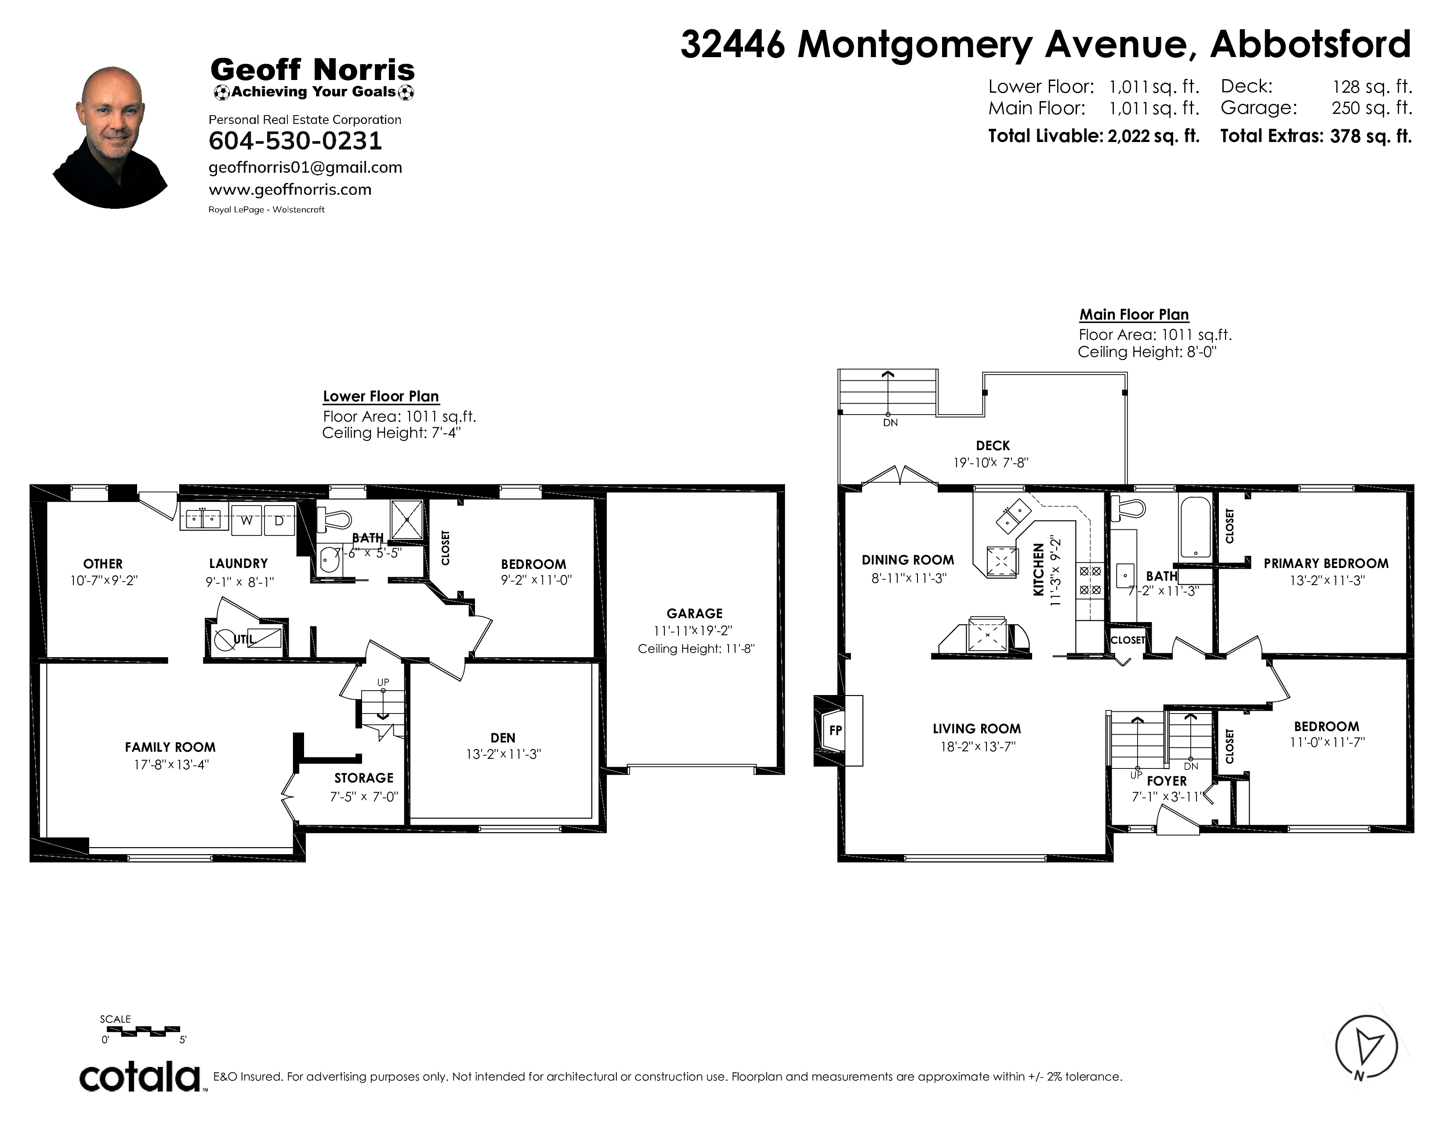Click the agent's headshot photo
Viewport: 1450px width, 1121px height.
(111, 138)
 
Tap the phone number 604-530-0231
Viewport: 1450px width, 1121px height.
(295, 141)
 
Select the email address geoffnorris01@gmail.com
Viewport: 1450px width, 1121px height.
(305, 167)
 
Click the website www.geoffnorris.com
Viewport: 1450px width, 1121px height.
(290, 189)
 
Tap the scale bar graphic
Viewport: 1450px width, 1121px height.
(143, 1031)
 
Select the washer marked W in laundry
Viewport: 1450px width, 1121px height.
(246, 520)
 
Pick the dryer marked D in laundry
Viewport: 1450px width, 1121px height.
(279, 520)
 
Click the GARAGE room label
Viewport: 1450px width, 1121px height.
(694, 614)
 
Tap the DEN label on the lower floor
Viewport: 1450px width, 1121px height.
(503, 738)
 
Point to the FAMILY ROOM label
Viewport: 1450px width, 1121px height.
(170, 747)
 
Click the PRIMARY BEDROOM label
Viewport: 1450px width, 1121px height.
(1326, 564)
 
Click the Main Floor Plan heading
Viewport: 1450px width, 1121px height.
(1134, 314)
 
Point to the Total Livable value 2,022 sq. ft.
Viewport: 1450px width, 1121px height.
(1153, 136)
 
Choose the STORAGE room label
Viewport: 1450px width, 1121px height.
(364, 778)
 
